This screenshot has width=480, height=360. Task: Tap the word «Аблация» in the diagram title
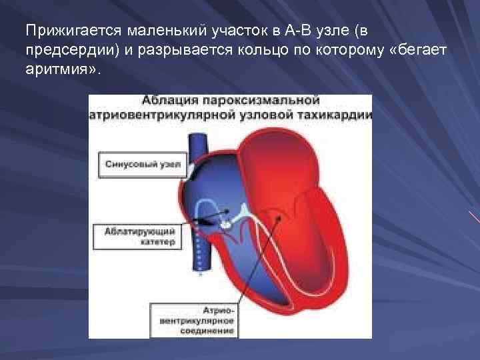tap(167, 101)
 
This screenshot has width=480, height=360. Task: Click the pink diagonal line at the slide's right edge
tap(474, 217)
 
